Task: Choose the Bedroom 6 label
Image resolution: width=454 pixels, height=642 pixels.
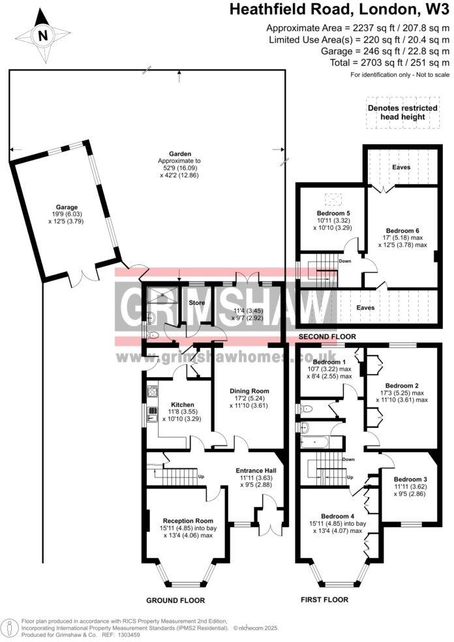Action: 402,230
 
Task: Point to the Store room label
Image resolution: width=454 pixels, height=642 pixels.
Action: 197,303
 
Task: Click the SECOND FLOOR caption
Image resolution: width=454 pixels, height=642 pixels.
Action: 327,337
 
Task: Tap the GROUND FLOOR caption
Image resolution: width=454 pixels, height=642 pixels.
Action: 175,600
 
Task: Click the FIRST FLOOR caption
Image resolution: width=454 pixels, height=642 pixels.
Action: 324,599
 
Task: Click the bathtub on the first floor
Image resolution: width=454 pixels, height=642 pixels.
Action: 317,442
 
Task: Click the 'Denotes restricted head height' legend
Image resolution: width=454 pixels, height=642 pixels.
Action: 400,112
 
